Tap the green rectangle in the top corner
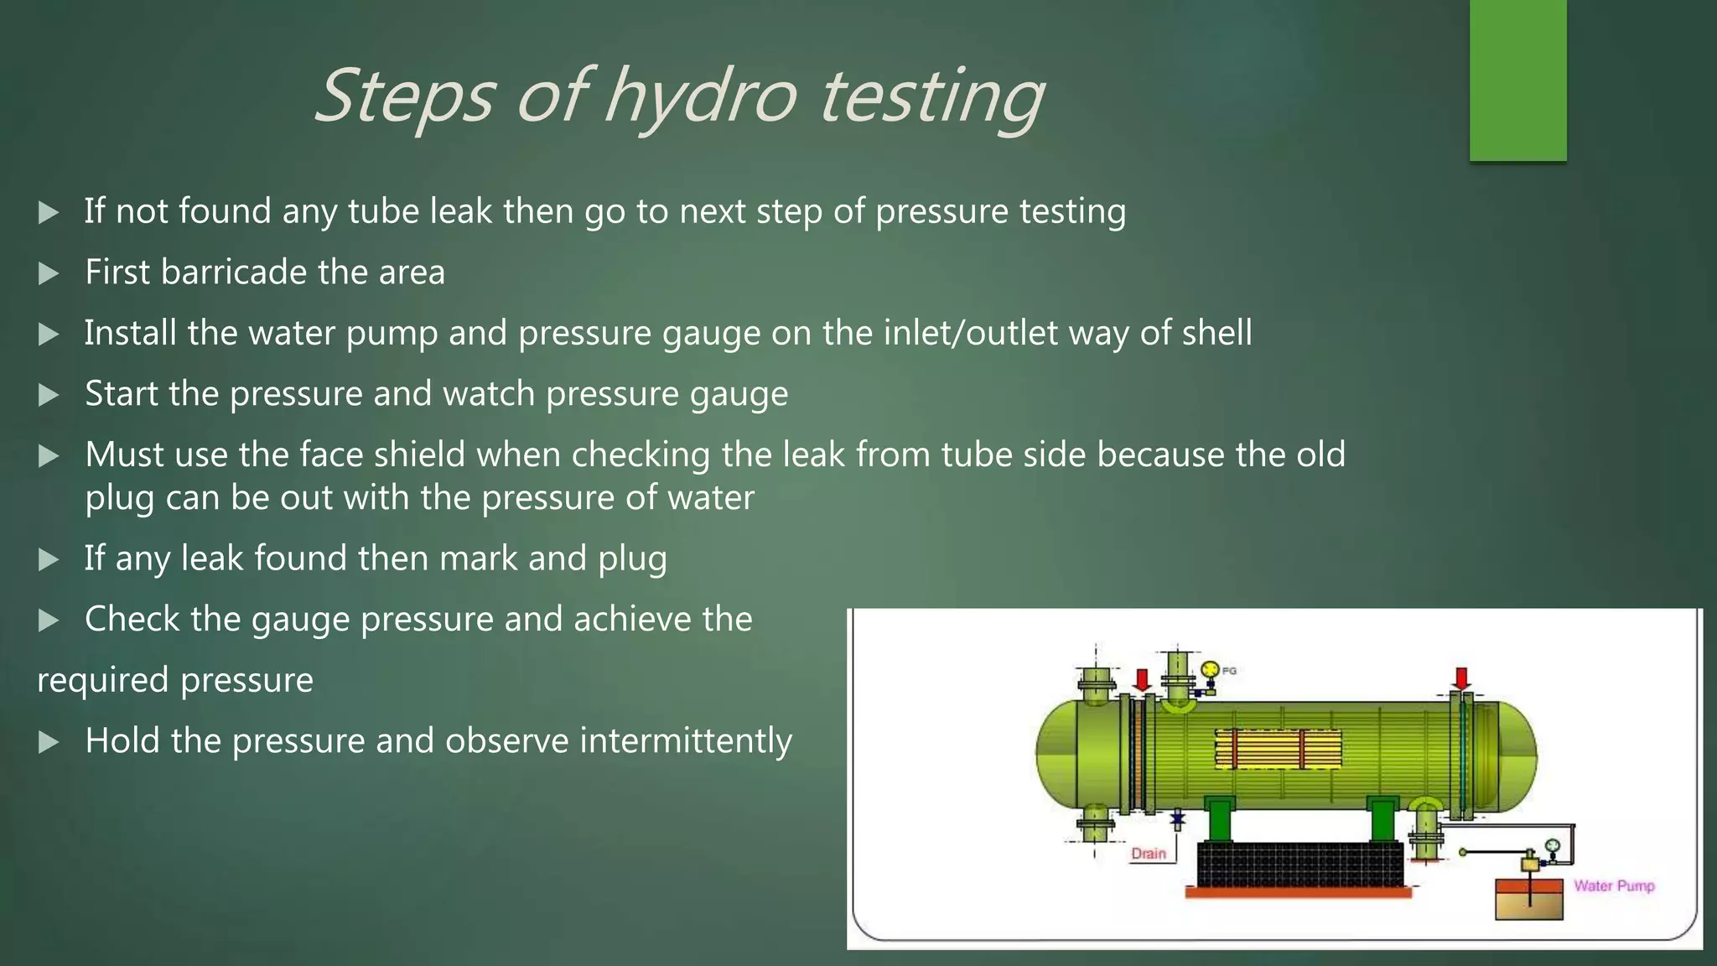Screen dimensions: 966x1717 [1517, 80]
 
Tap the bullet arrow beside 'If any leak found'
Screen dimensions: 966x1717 [49, 559]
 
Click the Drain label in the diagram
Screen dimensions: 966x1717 [1148, 854]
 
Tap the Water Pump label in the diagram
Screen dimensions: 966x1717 [1613, 885]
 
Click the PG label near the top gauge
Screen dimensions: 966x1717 [1229, 671]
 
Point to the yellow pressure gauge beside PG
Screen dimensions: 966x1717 [1210, 670]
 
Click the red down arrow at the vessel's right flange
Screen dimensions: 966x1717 [1461, 678]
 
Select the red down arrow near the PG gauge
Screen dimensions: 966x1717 [1141, 678]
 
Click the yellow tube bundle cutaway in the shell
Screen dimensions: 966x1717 [1278, 749]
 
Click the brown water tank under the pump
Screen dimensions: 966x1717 [1529, 899]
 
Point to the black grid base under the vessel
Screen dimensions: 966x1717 [1299, 864]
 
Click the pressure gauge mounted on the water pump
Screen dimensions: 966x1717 [1551, 845]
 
